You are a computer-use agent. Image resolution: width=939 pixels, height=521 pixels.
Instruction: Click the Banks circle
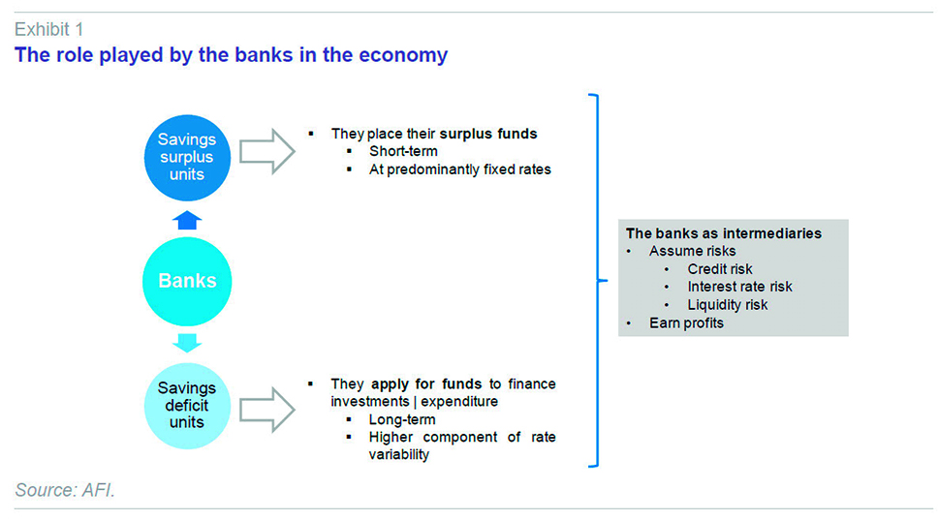coord(187,281)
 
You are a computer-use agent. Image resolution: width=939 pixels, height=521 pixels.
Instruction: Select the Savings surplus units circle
coord(187,157)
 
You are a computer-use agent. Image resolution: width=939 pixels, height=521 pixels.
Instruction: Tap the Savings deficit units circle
coord(187,406)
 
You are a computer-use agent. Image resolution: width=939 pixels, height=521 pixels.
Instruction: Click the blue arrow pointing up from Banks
coord(187,220)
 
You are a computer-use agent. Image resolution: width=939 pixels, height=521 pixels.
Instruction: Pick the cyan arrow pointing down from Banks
coord(187,343)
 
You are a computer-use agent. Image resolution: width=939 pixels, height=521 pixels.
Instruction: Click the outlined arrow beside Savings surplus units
coord(267,151)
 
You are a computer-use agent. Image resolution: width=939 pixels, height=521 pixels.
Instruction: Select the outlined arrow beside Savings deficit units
coord(267,410)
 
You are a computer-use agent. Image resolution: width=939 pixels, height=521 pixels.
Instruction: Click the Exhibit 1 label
coord(49,29)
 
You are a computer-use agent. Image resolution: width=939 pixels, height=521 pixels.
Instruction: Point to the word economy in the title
coord(403,55)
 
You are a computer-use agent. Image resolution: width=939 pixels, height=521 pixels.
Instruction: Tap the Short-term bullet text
coord(403,151)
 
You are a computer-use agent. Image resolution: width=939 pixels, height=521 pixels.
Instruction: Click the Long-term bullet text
coord(402,419)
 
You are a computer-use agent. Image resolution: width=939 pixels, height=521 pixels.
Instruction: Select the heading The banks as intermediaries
coord(724,233)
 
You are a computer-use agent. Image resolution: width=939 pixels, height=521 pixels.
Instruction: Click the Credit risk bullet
coord(720,269)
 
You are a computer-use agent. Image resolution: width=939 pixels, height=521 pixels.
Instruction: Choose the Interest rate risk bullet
coord(739,287)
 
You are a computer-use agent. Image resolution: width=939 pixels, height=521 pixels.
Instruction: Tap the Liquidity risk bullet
coord(727,305)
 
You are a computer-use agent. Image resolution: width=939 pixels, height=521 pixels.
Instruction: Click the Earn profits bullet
coord(686,323)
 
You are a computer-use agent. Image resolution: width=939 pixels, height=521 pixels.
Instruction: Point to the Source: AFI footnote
coord(65,490)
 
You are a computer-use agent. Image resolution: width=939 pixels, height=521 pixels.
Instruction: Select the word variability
coord(399,454)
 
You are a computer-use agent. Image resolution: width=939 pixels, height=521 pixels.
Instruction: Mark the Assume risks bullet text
coord(692,251)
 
